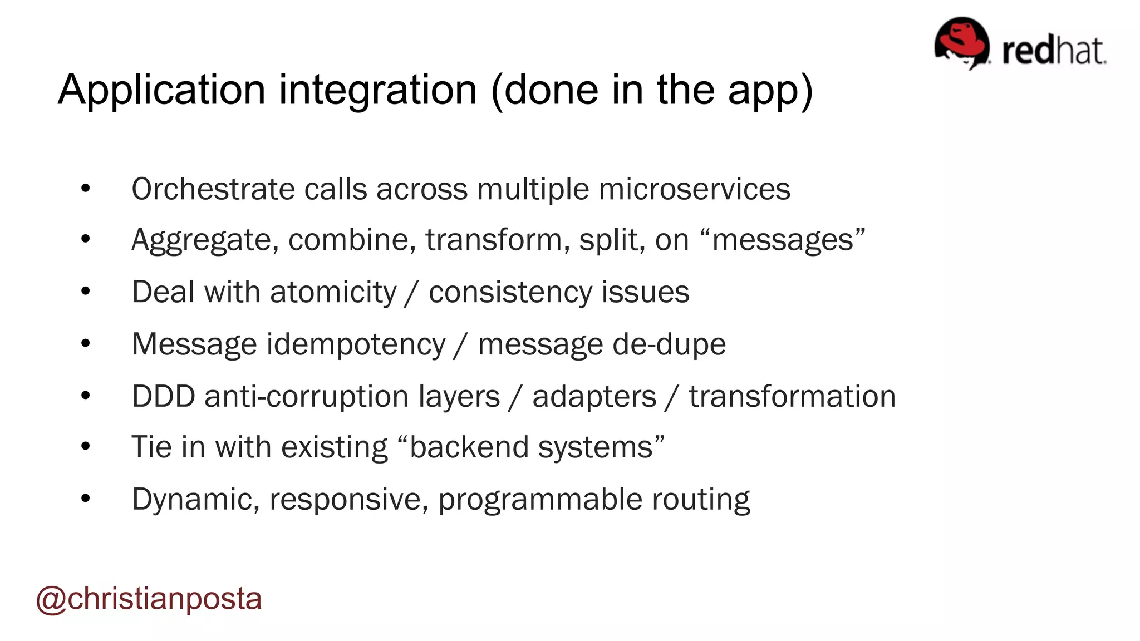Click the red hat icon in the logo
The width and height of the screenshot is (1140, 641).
click(x=961, y=42)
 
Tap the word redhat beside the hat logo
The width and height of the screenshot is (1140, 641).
click(x=1054, y=51)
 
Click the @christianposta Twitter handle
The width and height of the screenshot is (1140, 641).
click(x=149, y=599)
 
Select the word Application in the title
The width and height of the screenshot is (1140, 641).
click(x=161, y=90)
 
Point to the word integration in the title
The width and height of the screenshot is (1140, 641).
click(x=378, y=90)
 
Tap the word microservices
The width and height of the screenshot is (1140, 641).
click(x=694, y=189)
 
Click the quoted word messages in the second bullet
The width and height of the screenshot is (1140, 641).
click(x=783, y=240)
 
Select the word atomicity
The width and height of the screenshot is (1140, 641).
click(x=333, y=292)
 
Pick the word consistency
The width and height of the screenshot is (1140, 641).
click(x=510, y=292)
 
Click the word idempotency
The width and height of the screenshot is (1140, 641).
click(x=356, y=344)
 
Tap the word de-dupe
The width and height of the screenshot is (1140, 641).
click(x=669, y=344)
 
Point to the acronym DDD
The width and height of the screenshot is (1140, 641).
click(x=163, y=396)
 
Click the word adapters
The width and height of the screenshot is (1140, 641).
click(x=594, y=397)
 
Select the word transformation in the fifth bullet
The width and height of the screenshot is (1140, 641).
click(x=792, y=397)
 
